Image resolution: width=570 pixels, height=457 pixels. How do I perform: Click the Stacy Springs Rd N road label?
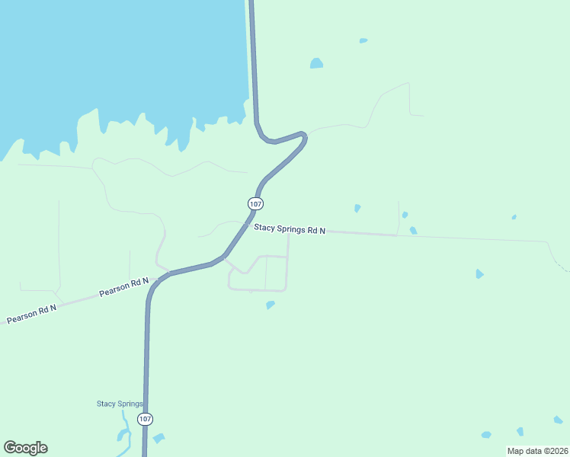point(290,228)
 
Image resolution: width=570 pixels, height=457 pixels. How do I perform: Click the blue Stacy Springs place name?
point(120,404)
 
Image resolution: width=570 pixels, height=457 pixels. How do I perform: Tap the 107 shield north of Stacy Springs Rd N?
point(255,203)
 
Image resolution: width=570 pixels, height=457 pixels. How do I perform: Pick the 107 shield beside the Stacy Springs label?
point(145,420)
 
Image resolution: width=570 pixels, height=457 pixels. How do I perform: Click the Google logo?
point(26,447)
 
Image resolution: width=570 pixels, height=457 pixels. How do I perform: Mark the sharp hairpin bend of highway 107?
point(303,137)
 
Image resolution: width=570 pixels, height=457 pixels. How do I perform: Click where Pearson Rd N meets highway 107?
point(157,280)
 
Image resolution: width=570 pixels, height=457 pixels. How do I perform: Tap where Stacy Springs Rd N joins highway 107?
point(243,225)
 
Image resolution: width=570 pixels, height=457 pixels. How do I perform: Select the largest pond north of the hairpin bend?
point(316,63)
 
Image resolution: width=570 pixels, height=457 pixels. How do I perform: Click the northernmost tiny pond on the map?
point(363,40)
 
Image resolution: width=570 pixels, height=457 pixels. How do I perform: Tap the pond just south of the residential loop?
point(270,305)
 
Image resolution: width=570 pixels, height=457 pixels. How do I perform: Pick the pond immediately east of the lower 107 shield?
point(159,438)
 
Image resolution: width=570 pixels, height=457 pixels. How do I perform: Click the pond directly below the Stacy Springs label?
point(123,436)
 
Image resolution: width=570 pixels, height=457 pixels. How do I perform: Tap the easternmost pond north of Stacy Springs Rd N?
point(514,217)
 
